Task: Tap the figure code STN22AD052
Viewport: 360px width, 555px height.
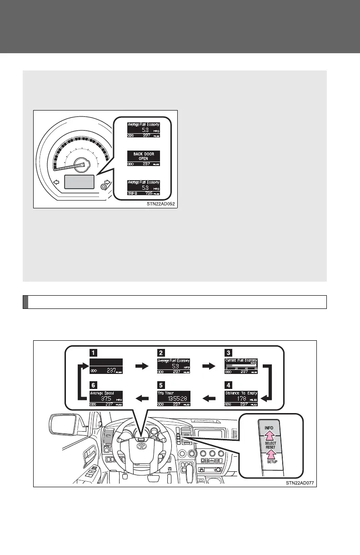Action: point(158,204)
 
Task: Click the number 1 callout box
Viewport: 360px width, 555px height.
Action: point(92,352)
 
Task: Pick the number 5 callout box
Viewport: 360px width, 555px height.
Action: point(160,384)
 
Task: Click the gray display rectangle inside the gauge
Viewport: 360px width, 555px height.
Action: point(80,182)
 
